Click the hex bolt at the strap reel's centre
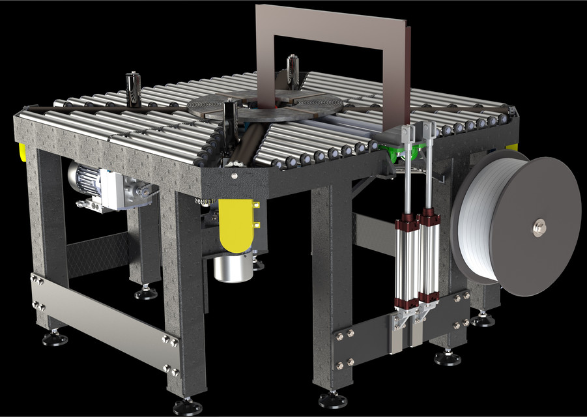pyautogui.click(x=539, y=227)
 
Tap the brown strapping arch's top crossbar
pyautogui.click(x=332, y=20)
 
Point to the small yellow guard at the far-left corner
pyautogui.click(x=22, y=151)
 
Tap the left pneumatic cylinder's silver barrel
pyautogui.click(x=406, y=261)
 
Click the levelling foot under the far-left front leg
pyautogui.click(x=55, y=338)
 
